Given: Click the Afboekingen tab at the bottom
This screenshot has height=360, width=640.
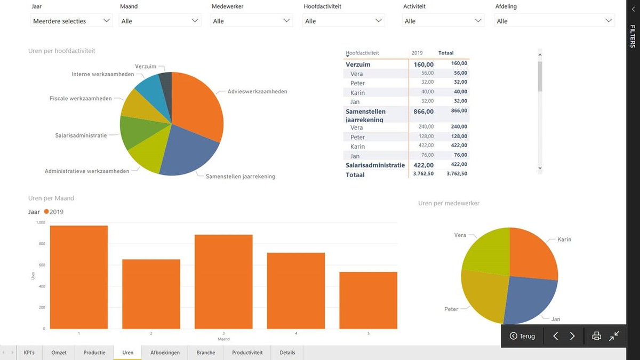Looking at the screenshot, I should pyautogui.click(x=165, y=353).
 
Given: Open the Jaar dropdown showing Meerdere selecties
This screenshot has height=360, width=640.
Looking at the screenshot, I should pyautogui.click(x=71, y=21).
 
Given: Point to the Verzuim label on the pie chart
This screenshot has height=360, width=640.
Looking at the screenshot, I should pyautogui.click(x=146, y=66).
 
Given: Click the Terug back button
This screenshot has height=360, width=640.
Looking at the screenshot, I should pyautogui.click(x=522, y=336).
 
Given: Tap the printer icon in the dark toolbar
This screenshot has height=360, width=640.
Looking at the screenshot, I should pyautogui.click(x=597, y=336).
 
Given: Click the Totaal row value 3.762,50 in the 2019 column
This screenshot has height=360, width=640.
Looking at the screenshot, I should pyautogui.click(x=423, y=174).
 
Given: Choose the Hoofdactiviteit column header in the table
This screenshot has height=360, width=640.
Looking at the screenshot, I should pyautogui.click(x=363, y=53).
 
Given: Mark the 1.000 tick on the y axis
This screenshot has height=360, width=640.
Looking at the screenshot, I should pyautogui.click(x=41, y=222).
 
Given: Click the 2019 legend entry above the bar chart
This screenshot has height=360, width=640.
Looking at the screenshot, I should pyautogui.click(x=54, y=212).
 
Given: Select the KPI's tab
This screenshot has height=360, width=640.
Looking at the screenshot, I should pyautogui.click(x=29, y=353).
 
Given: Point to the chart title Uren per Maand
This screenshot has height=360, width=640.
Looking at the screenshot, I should pyautogui.click(x=51, y=198).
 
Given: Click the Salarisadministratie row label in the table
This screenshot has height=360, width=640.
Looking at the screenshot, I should pyautogui.click(x=375, y=165).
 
